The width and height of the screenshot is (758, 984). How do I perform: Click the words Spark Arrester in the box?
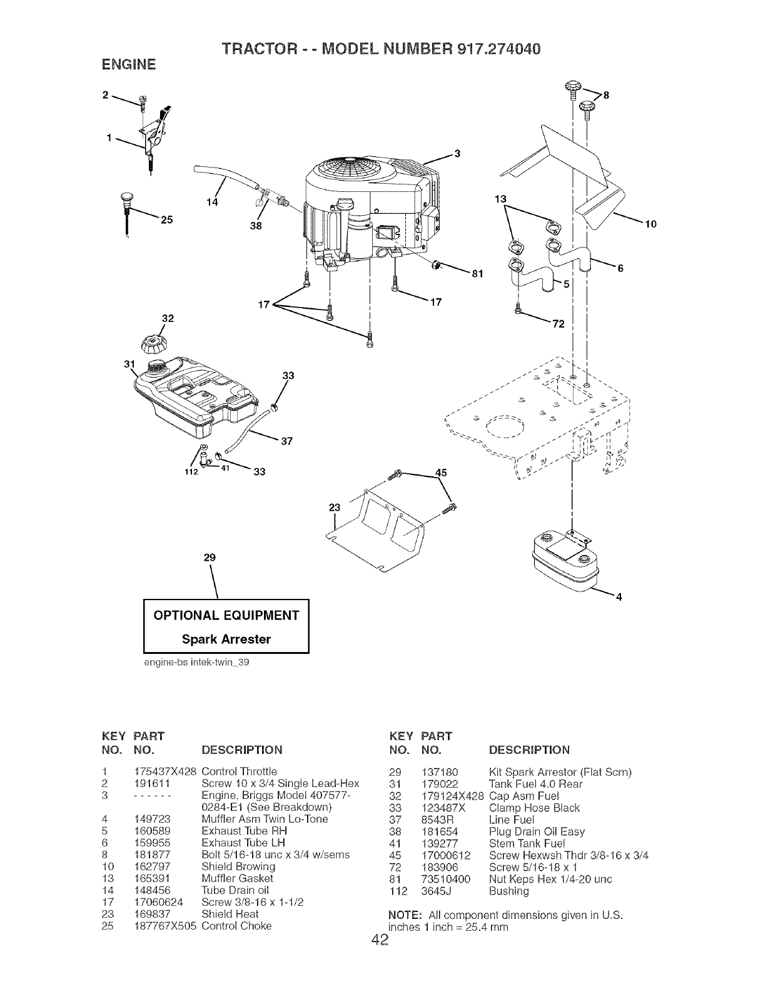pos(226,639)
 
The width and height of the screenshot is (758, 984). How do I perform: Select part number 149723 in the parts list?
pos(153,818)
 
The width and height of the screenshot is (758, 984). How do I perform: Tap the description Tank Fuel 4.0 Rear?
pos(535,784)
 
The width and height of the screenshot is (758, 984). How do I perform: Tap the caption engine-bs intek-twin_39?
pos(196,662)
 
